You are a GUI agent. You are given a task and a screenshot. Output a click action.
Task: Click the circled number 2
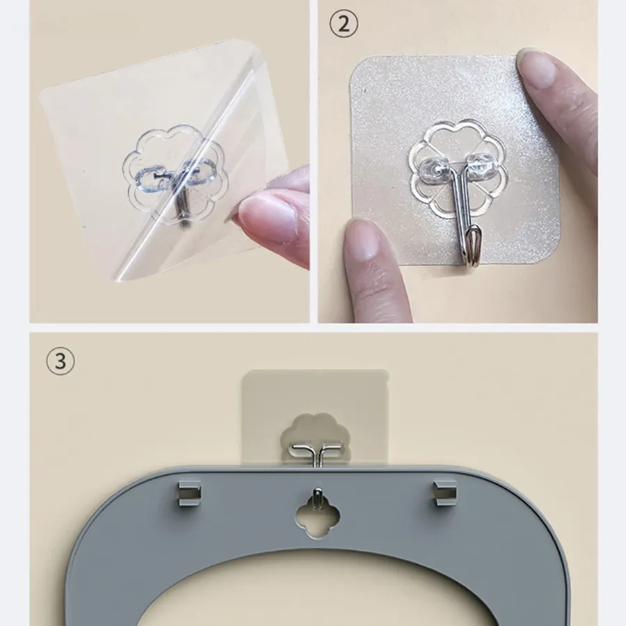[x=344, y=24]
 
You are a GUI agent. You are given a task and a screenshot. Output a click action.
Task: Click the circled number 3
[x=61, y=361]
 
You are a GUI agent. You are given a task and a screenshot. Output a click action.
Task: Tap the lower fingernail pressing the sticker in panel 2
[x=363, y=239]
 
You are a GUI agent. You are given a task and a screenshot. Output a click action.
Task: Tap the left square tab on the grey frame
[x=189, y=493]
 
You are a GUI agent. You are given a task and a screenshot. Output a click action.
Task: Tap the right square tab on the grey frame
[x=444, y=492]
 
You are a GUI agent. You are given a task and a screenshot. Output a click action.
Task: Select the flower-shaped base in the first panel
[x=173, y=176]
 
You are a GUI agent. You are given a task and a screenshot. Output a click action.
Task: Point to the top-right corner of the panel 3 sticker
[x=387, y=371]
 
